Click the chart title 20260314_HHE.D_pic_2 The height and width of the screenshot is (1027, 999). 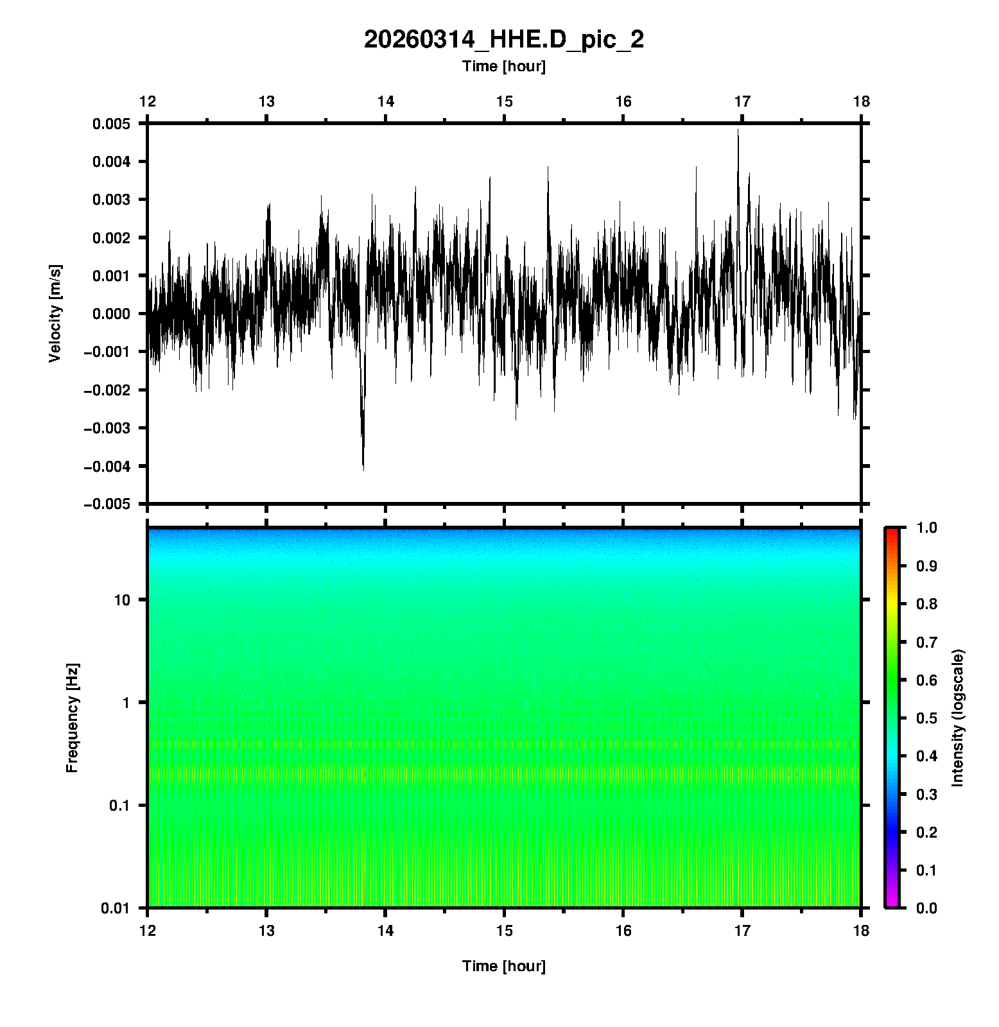pyautogui.click(x=503, y=40)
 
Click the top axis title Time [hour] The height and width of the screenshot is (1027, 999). pyautogui.click(x=503, y=66)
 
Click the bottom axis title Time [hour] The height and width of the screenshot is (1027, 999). pyautogui.click(x=503, y=966)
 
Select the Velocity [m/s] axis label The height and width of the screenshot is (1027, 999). pyautogui.click(x=55, y=313)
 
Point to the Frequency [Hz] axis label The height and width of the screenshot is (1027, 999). pyautogui.click(x=72, y=718)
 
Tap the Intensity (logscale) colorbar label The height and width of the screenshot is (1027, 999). pyautogui.click(x=958, y=718)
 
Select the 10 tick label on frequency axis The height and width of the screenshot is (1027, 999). pyautogui.click(x=122, y=600)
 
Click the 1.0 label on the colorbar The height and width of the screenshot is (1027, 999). pyautogui.click(x=928, y=528)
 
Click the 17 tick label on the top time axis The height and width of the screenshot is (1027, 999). pyautogui.click(x=742, y=101)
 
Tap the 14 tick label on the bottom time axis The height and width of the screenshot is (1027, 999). pyautogui.click(x=385, y=931)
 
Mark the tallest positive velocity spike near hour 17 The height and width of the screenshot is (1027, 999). pyautogui.click(x=738, y=132)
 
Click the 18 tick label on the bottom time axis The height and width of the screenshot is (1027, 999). pyautogui.click(x=861, y=931)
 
